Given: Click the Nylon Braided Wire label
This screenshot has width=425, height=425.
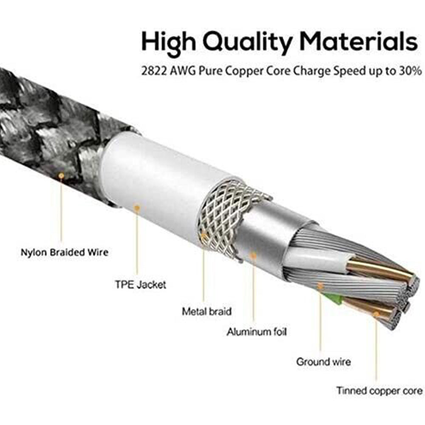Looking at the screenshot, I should click(65, 252).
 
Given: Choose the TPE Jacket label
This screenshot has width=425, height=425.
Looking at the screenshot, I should click(140, 284).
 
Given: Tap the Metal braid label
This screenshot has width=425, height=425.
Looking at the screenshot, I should click(207, 312).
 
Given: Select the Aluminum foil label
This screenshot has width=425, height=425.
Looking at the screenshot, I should click(256, 331).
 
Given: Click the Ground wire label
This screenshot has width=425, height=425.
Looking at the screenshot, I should click(323, 362).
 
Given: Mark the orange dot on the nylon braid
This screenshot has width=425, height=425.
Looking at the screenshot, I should click(62, 175).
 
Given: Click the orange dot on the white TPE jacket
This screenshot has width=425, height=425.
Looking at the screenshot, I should click(137, 208).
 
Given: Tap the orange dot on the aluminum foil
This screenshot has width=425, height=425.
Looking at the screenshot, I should click(253, 255).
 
